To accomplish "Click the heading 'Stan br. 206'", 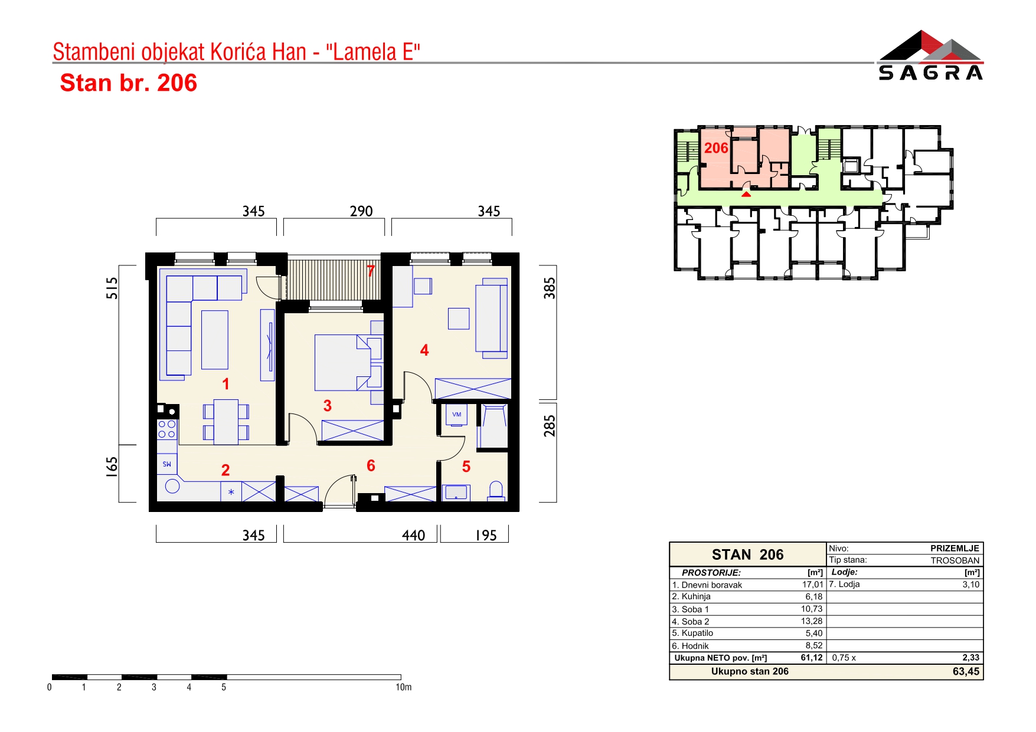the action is click(x=129, y=83).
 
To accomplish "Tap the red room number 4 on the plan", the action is click(x=424, y=350).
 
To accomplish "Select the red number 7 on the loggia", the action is click(x=371, y=271).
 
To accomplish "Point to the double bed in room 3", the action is click(x=348, y=362).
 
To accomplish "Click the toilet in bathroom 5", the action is click(x=496, y=491).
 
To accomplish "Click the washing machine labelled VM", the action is click(x=456, y=415).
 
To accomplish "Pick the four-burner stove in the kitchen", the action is click(x=167, y=429).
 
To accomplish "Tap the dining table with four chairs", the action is click(x=226, y=422).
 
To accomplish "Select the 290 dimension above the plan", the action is click(x=361, y=211).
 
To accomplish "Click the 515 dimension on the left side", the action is click(x=112, y=288).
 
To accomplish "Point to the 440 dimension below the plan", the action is click(x=413, y=535).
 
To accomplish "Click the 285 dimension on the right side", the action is click(x=550, y=426).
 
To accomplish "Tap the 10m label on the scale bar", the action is click(x=404, y=687).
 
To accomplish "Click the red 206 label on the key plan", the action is click(x=716, y=148).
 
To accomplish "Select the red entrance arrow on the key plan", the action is click(x=746, y=193).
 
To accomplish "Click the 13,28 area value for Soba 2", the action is click(x=812, y=621).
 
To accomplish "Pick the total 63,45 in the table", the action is click(x=966, y=671).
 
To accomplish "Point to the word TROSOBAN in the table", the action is click(x=955, y=560).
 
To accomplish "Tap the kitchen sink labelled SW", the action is click(x=167, y=464).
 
